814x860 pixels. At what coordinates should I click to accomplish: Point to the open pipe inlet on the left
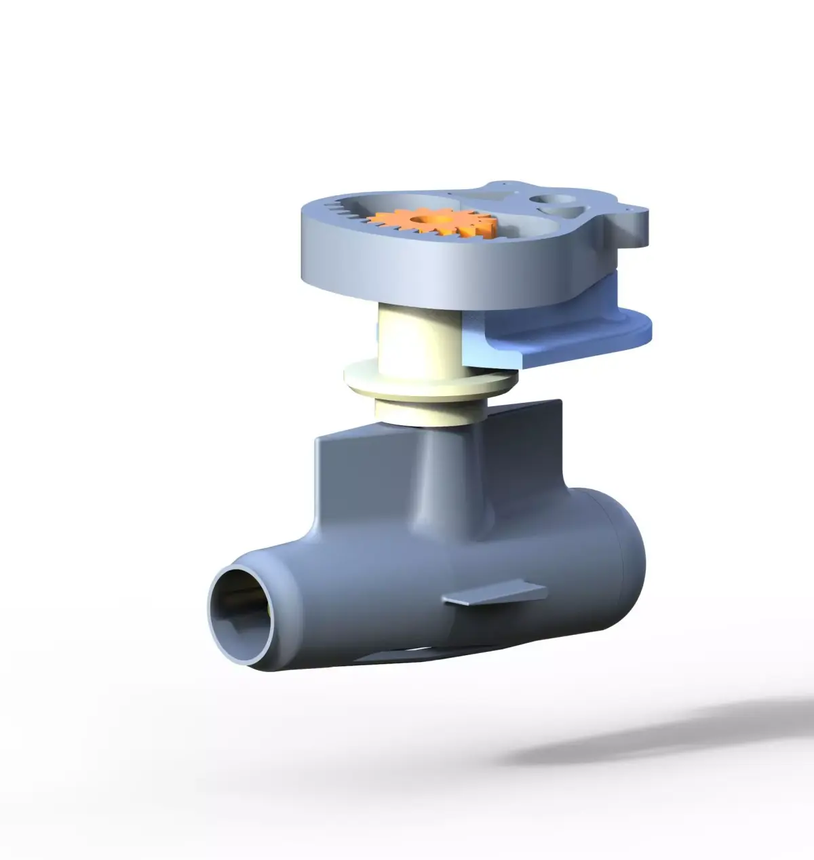(241, 607)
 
